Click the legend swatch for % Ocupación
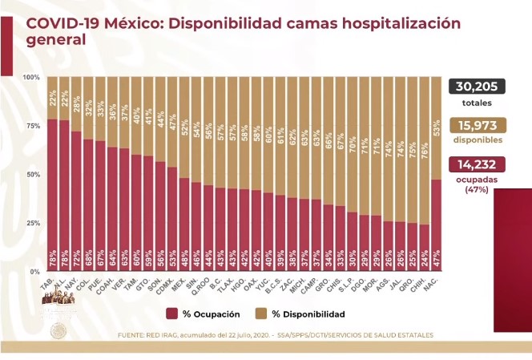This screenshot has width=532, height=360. point(172,313)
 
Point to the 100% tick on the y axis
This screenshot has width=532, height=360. point(31,77)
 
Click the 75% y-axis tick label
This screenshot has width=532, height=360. point(31,126)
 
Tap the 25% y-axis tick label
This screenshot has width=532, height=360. point(31,223)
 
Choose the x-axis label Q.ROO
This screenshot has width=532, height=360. point(207,285)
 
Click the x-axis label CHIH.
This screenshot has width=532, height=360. point(423,285)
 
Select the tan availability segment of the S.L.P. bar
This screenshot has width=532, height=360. point(351,144)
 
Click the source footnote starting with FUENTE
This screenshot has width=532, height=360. point(275,334)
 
